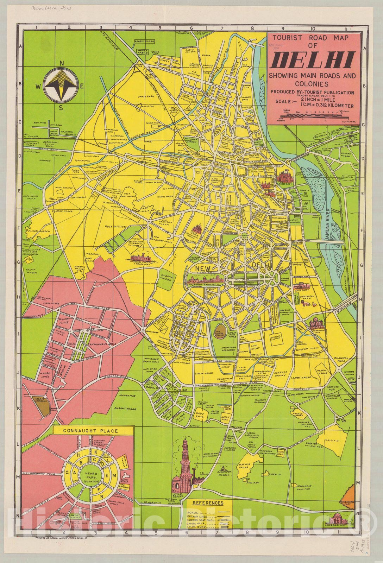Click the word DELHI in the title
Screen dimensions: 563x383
coord(313,59)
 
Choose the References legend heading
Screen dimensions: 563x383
coord(208,503)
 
